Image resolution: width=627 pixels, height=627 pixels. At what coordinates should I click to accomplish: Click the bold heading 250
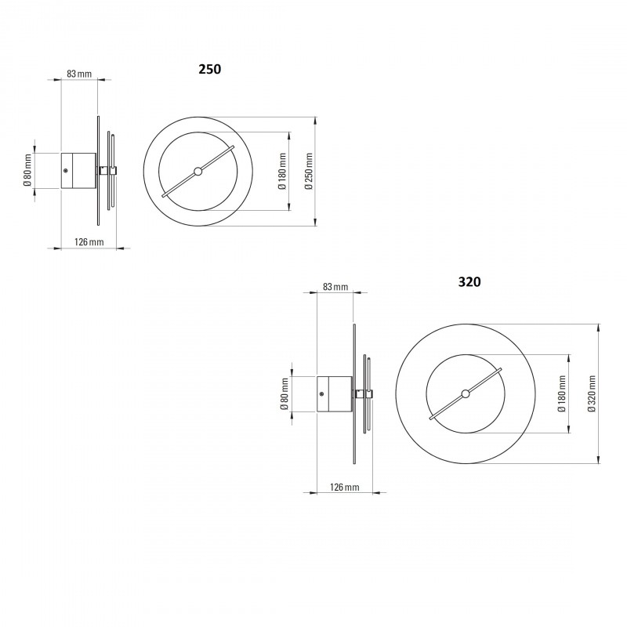pyautogui.click(x=209, y=69)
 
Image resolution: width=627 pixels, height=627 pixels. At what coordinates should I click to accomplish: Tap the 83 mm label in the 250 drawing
pyautogui.click(x=79, y=74)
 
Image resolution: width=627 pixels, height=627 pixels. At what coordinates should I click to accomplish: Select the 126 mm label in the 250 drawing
pyautogui.click(x=89, y=241)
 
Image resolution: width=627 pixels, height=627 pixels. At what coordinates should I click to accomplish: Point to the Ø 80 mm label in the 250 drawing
pyautogui.click(x=27, y=170)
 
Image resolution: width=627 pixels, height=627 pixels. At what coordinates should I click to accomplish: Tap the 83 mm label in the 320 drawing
pyautogui.click(x=335, y=288)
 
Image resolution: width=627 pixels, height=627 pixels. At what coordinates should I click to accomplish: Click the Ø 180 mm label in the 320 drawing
pyautogui.click(x=561, y=393)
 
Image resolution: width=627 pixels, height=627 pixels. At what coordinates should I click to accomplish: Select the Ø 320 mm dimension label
pyautogui.click(x=591, y=393)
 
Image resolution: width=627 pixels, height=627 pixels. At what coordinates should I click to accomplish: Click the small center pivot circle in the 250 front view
pyautogui.click(x=198, y=171)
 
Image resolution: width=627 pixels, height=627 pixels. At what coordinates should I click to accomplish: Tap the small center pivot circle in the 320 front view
pyautogui.click(x=466, y=393)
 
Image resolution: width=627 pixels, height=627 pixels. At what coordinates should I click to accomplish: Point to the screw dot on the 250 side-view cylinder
pyautogui.click(x=66, y=170)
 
